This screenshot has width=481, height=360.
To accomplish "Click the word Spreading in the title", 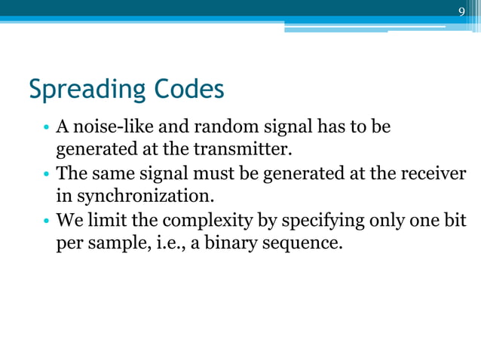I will click(83, 90).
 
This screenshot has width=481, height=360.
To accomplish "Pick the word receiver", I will click(430, 173).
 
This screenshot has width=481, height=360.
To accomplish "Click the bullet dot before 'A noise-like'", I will click(47, 126).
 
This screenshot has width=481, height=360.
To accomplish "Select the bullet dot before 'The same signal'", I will click(47, 174).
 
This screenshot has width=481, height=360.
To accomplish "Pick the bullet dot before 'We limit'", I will click(47, 222).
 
